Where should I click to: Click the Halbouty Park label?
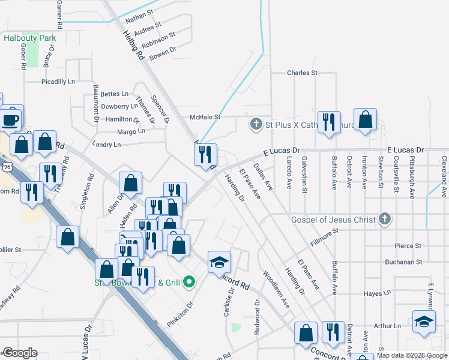coord(29,38)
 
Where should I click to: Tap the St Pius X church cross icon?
coord(256,125)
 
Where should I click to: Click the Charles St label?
coord(302,73)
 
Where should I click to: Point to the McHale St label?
coord(205,117)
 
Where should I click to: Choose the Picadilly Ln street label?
coord(58,81)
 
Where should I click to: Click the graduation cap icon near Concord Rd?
coord(218,261)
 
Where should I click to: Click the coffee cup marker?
coord(10,119)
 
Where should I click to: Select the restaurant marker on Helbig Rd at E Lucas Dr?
coord(205,154)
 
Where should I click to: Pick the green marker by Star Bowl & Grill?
coord(189,281)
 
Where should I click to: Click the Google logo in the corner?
coord(20,353)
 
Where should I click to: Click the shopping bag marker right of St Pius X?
coord(365,120)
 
